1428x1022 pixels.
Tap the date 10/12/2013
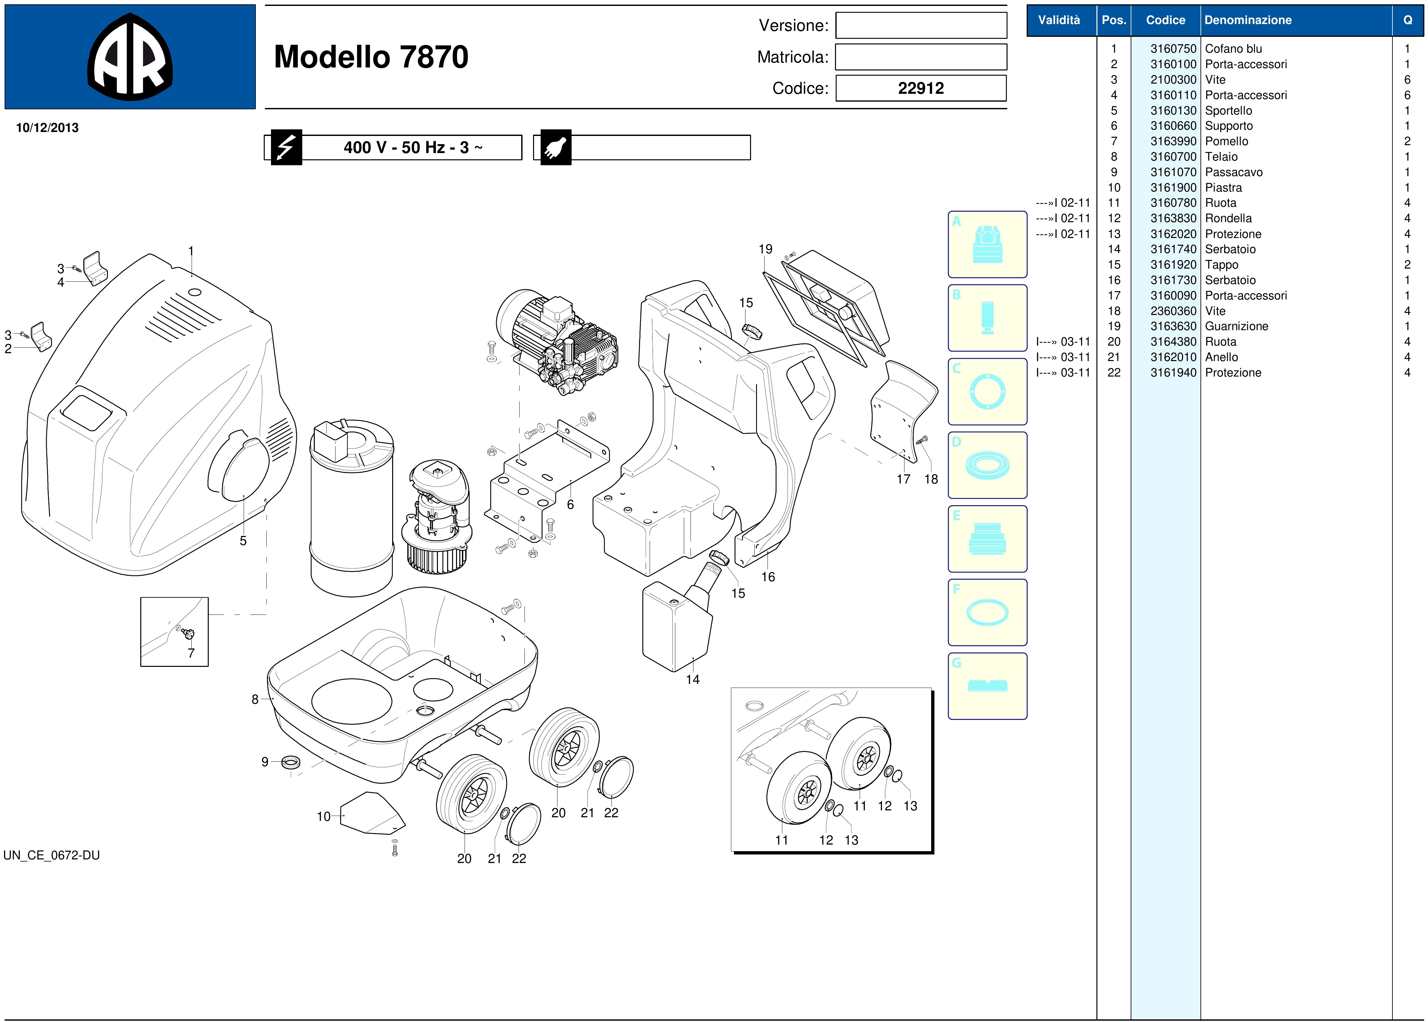coord(47,128)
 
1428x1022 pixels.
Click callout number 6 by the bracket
coord(570,505)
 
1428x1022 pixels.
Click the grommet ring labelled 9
coord(290,763)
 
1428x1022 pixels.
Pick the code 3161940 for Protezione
coord(1173,373)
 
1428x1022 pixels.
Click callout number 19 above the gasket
coord(765,249)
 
